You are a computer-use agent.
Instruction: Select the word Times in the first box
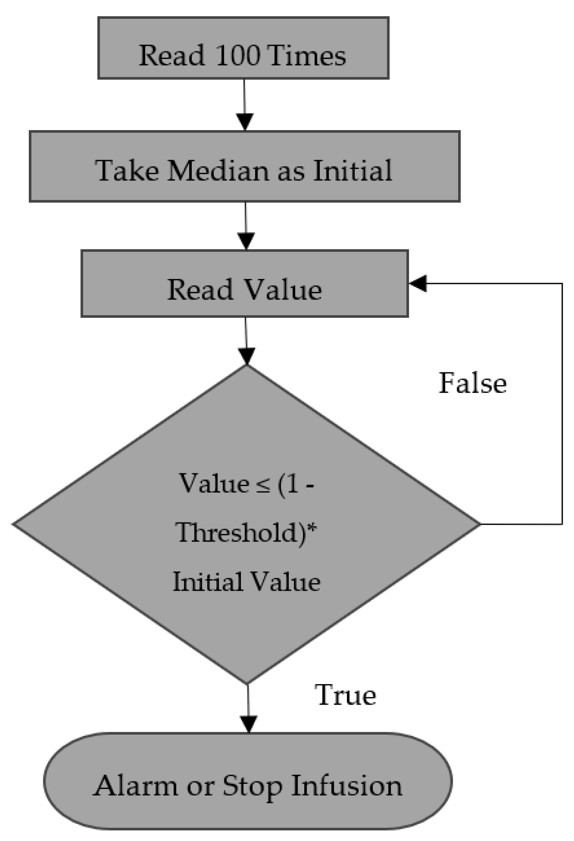pos(307,55)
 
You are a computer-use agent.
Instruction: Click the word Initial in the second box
pos(353,171)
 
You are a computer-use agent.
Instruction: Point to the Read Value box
pos(244,284)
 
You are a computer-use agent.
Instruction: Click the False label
pos(472,383)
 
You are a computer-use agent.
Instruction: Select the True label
pos(346,695)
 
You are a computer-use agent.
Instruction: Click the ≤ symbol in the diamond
pos(263,484)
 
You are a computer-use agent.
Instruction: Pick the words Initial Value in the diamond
pos(246,582)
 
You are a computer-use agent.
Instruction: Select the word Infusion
pos(346,786)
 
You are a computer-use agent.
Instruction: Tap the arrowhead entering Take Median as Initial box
pos(245,122)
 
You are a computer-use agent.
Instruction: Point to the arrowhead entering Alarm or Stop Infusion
pos(248,724)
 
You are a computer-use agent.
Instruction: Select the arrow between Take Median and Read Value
pos(246,225)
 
